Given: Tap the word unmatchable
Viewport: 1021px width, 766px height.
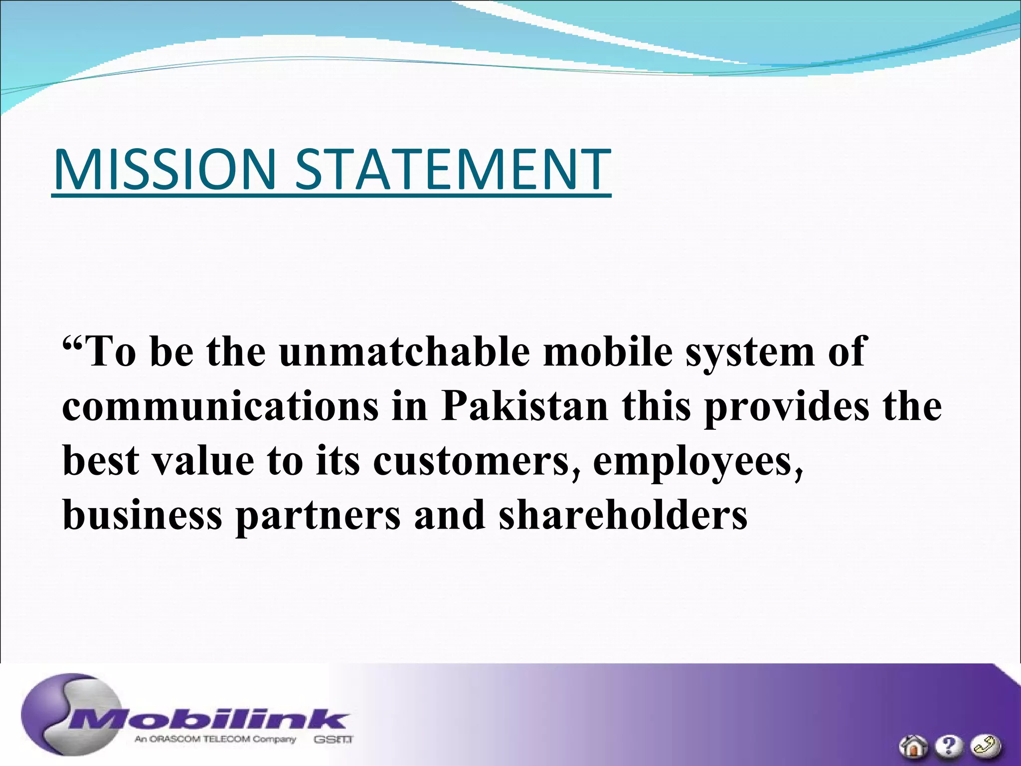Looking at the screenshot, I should tap(404, 352).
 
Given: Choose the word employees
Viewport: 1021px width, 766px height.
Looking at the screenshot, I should tap(697, 461).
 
